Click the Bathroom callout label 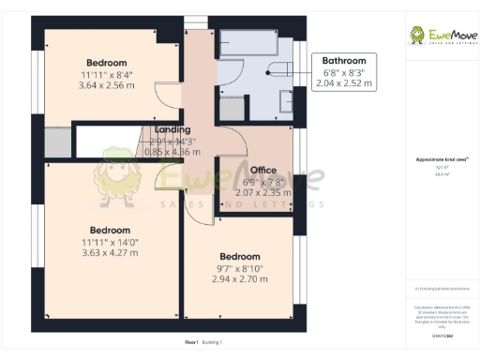coord(343,60)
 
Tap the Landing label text coord(172,129)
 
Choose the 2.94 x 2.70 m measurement coord(240,279)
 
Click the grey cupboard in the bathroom coord(230,108)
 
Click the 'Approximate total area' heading coord(436,160)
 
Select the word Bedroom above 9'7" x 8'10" coord(240,256)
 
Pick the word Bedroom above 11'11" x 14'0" coord(110,230)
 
